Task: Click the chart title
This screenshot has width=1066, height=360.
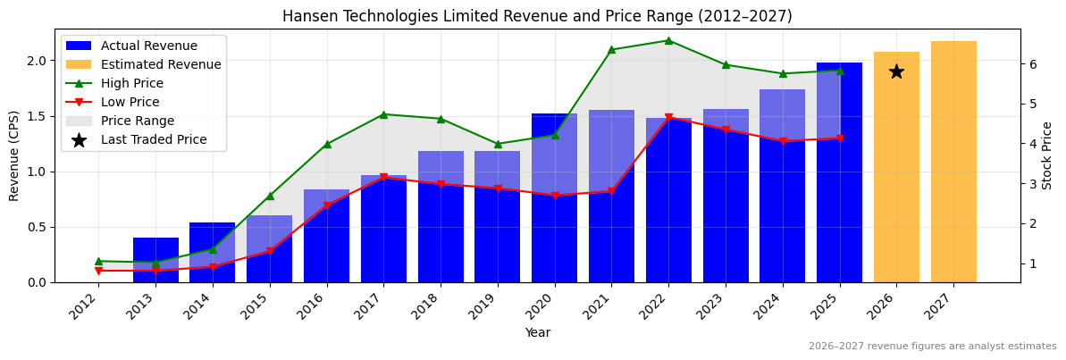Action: tap(537, 16)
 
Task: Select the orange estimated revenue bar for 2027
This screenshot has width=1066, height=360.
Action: tap(953, 161)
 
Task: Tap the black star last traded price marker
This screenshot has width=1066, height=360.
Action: tap(896, 71)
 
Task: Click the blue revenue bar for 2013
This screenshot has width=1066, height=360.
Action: tap(155, 260)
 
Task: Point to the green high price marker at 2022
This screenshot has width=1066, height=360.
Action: tap(668, 40)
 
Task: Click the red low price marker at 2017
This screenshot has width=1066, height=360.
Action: tap(383, 178)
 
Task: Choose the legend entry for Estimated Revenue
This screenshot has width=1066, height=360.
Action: tap(161, 64)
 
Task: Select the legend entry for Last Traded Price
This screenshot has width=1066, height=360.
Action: tap(154, 139)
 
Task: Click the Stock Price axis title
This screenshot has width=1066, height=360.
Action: tap(1047, 155)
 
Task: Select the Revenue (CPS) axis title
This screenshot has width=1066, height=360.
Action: tap(14, 155)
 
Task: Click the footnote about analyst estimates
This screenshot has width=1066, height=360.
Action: tap(932, 347)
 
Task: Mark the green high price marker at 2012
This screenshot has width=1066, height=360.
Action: tap(98, 261)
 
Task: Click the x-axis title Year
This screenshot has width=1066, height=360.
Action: tap(537, 332)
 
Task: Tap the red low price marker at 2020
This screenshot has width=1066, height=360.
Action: tap(555, 196)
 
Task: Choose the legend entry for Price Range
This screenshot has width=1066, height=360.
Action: tap(138, 121)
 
